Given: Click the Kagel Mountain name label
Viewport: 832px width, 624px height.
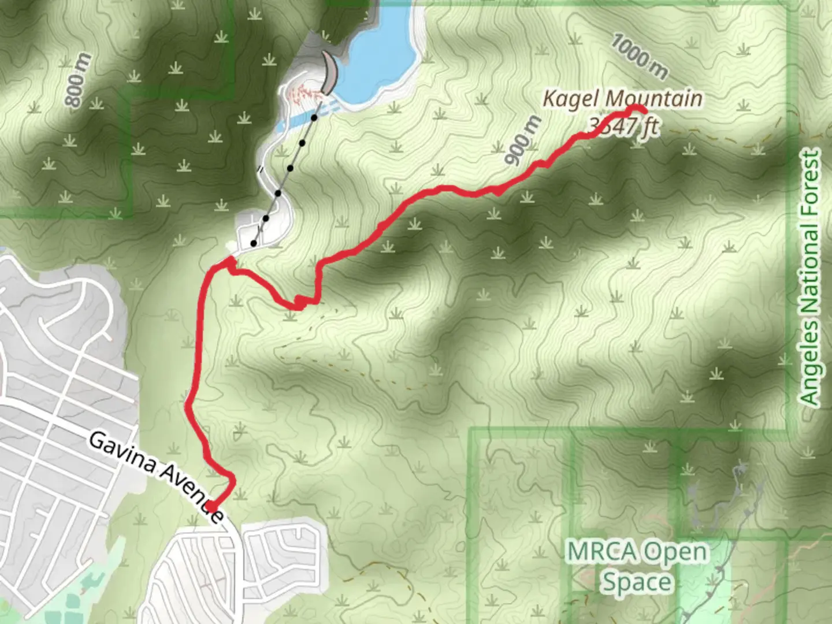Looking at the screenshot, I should coord(623,99).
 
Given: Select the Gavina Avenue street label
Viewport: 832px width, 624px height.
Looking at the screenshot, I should coord(156,477).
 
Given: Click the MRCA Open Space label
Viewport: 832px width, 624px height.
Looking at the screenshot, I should coord(637,566).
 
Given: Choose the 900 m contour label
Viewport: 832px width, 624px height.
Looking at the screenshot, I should coord(523,140).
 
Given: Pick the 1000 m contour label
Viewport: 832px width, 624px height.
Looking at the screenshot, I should coord(639,56).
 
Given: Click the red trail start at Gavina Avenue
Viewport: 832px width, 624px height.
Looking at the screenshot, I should coord(212,507).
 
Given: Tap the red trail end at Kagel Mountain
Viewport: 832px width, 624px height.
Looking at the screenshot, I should coord(641,110).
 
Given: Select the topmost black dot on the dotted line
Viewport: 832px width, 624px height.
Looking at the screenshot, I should coord(314,118).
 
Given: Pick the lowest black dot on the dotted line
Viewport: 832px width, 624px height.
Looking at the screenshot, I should coord(254,243).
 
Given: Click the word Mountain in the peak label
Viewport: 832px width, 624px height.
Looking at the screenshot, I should coord(654,99).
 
